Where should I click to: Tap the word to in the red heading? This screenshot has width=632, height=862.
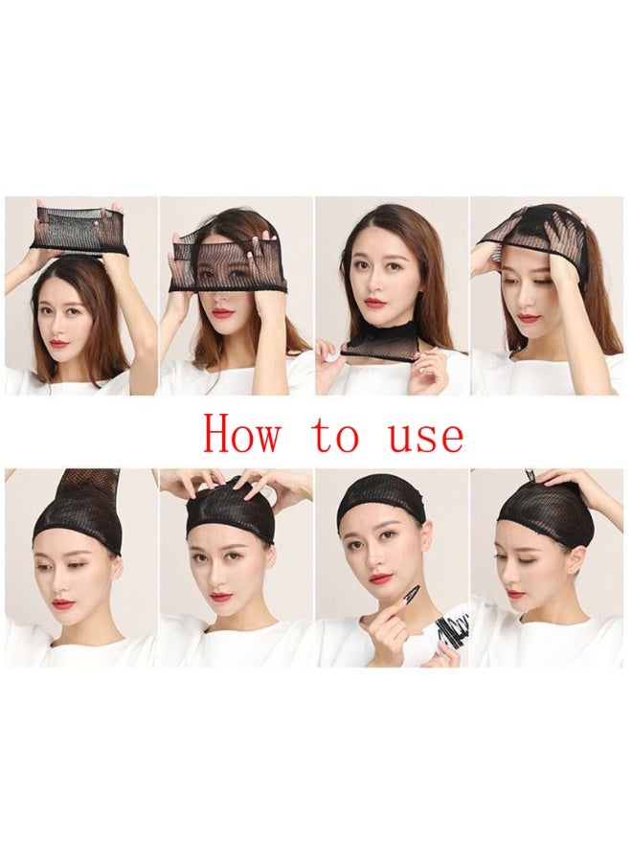[x=335, y=436]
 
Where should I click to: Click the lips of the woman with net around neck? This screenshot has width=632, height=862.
[x=374, y=304]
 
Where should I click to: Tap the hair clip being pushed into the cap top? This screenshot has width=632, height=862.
[x=528, y=476]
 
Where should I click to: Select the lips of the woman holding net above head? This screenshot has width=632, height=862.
[x=59, y=343]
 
